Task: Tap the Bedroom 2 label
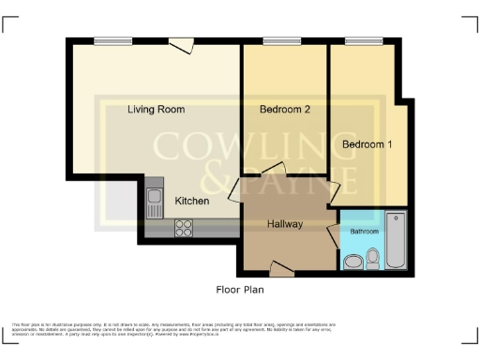pos(284,110)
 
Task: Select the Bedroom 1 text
pos(367,144)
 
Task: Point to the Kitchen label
pos(192,201)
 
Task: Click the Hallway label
pos(284,224)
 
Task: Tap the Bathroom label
pos(365,231)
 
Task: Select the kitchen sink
pos(155,198)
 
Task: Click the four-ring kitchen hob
pos(184,226)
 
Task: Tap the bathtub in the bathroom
pos(397,241)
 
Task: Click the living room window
pos(112,39)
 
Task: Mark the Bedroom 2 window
pos(276,39)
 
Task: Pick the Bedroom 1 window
pos(357,39)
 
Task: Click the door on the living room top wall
pos(181,42)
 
